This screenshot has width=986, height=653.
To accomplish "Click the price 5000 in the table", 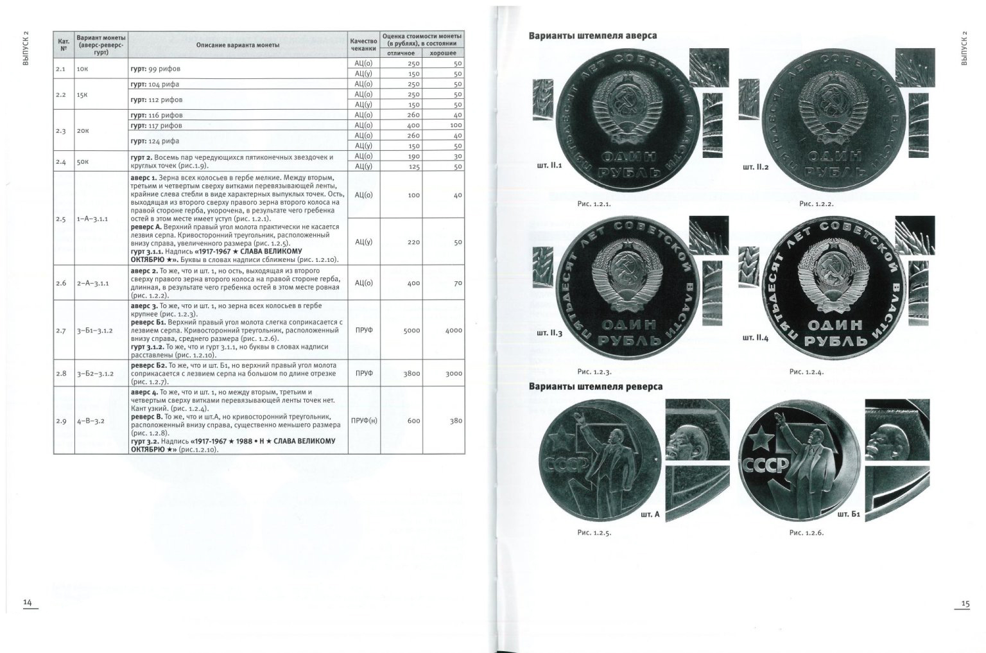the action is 411,330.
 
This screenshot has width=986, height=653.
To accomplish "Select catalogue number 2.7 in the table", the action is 61,330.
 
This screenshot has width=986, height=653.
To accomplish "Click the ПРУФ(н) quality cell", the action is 364,421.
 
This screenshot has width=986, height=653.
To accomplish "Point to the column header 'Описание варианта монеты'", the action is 238,45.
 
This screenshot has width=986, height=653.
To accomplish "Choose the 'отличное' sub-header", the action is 401,53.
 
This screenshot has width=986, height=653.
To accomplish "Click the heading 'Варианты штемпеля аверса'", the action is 592,36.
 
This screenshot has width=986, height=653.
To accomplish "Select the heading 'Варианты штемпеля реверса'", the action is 596,387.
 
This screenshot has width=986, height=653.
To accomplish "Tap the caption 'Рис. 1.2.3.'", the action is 594,372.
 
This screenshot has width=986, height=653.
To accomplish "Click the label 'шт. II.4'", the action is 756,338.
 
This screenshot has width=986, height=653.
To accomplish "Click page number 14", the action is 28,602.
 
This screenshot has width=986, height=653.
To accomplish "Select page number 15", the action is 965,604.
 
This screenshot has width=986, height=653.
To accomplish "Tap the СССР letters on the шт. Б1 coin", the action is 765,465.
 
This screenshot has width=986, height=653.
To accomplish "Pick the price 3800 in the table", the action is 411,374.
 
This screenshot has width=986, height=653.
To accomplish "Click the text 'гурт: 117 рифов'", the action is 156,125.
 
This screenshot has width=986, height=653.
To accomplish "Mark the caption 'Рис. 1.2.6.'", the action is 806,533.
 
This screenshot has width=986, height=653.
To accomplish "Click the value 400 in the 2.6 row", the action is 414,283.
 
